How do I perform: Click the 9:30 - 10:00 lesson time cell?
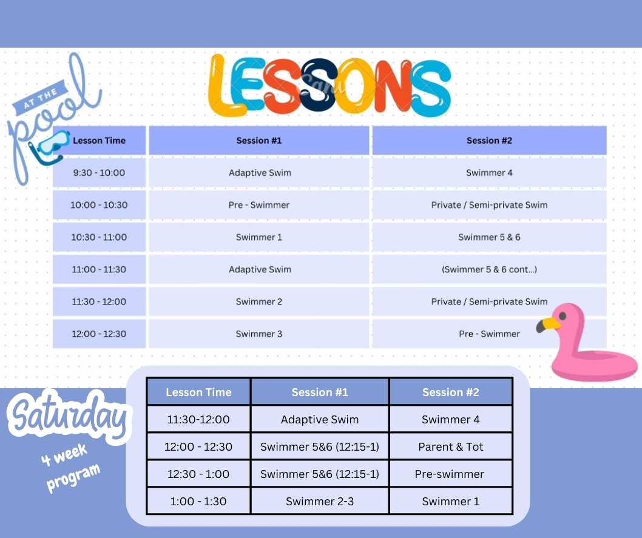pyautogui.click(x=99, y=173)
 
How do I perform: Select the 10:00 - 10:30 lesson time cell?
pyautogui.click(x=99, y=205)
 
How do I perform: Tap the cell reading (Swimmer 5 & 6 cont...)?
pyautogui.click(x=489, y=269)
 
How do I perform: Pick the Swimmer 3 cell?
pyautogui.click(x=258, y=334)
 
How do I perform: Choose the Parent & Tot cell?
pyautogui.click(x=451, y=446)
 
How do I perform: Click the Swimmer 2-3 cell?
pyautogui.click(x=320, y=501)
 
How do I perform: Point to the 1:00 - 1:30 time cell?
pyautogui.click(x=198, y=501)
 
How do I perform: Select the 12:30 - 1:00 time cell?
pyautogui.click(x=198, y=474)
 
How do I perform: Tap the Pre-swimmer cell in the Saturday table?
pyautogui.click(x=451, y=474)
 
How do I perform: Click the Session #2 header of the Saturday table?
pyautogui.click(x=451, y=392)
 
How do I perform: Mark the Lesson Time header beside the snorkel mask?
pyautogui.click(x=99, y=140)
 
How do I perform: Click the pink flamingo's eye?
pyautogui.click(x=563, y=316)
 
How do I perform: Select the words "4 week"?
pyautogui.click(x=64, y=454)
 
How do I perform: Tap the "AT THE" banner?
pyautogui.click(x=41, y=99)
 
